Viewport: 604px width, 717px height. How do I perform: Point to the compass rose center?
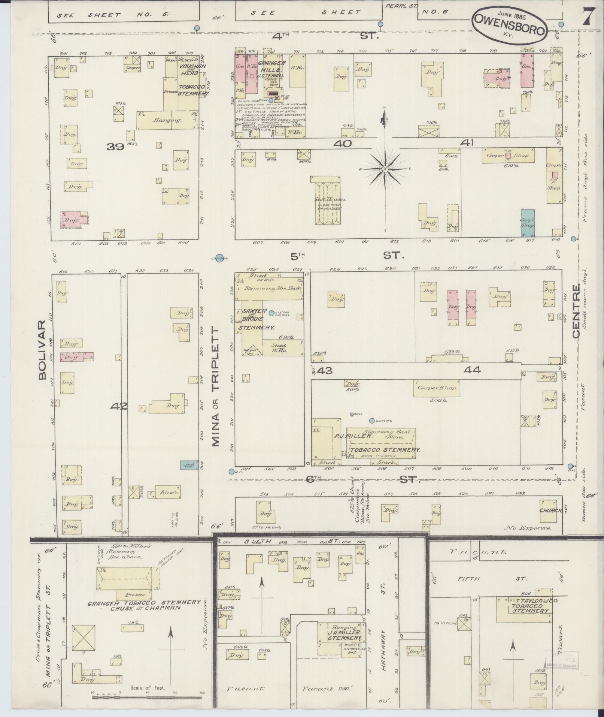[385, 169]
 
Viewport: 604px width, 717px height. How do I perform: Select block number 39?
[115, 147]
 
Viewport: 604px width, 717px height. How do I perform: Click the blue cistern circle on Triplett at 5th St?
[220, 258]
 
